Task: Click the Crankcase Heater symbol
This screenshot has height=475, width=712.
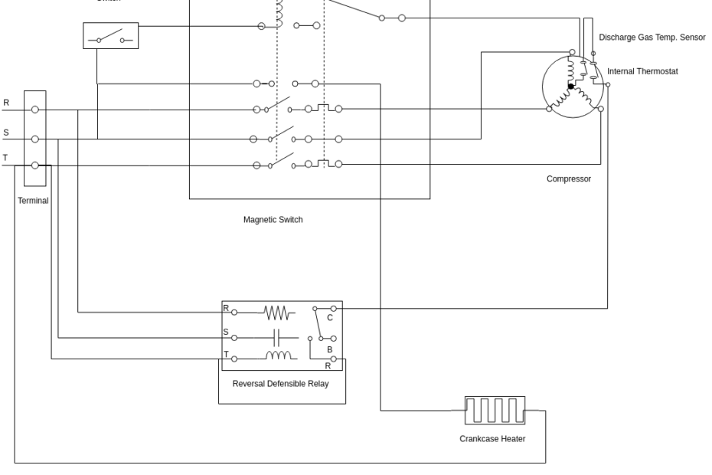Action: pyautogui.click(x=495, y=411)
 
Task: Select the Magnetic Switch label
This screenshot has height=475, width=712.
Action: pyautogui.click(x=273, y=219)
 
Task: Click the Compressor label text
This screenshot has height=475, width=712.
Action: pyautogui.click(x=568, y=179)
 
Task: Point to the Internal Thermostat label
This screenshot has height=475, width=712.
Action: pyautogui.click(x=642, y=71)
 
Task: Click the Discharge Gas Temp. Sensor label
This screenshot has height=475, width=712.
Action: pyautogui.click(x=652, y=37)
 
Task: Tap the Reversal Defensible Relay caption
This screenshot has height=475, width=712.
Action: pyautogui.click(x=280, y=383)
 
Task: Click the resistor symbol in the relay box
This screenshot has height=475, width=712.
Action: pyautogui.click(x=276, y=313)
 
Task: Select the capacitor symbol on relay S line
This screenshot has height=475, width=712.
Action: pyautogui.click(x=278, y=336)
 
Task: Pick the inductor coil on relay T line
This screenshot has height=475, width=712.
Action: pyautogui.click(x=278, y=356)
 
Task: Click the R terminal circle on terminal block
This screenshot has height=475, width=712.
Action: pyautogui.click(x=34, y=110)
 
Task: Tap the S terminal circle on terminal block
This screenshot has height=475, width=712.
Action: pyautogui.click(x=34, y=139)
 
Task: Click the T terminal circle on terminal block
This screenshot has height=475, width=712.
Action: pyautogui.click(x=34, y=165)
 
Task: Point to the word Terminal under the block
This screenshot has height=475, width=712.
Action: pyautogui.click(x=33, y=201)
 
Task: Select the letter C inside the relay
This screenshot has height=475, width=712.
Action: pyautogui.click(x=330, y=317)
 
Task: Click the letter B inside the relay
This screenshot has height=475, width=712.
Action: pyautogui.click(x=329, y=349)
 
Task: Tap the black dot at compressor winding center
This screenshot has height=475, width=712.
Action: pyautogui.click(x=570, y=87)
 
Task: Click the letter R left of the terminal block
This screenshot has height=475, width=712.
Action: pyautogui.click(x=6, y=102)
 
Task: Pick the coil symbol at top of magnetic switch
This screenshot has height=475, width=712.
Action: pyautogui.click(x=279, y=11)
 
